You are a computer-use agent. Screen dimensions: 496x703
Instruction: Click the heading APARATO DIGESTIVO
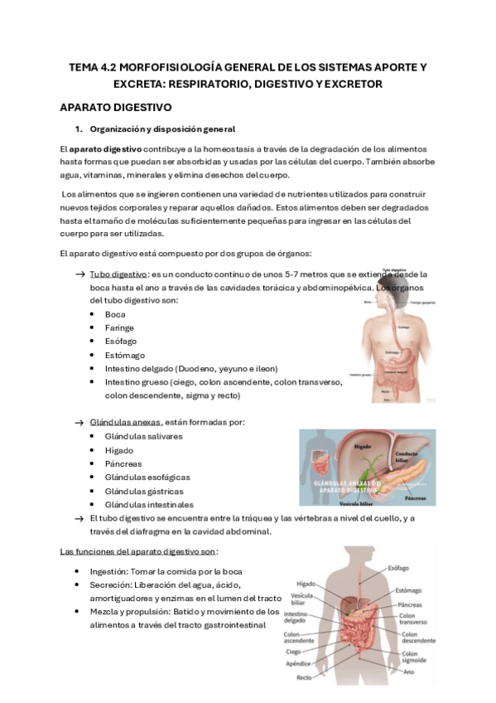click(x=115, y=108)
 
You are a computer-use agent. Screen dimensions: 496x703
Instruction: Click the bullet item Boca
click(x=115, y=314)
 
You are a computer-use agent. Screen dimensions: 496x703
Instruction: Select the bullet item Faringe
click(x=119, y=327)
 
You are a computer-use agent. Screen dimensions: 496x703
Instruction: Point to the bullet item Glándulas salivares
click(x=144, y=436)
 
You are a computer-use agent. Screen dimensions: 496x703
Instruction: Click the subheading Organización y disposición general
click(x=162, y=128)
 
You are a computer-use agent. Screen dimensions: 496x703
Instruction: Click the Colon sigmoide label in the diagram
click(x=414, y=657)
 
